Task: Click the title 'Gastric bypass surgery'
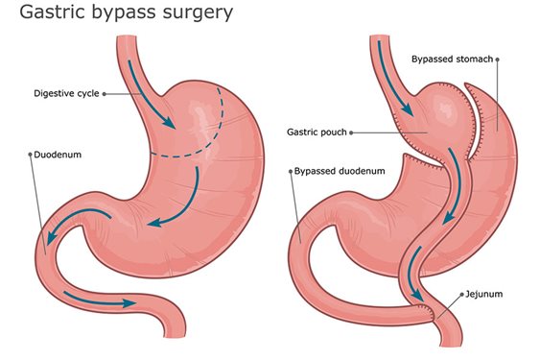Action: pyautogui.click(x=118, y=15)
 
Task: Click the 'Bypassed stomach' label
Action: pyautogui.click(x=452, y=60)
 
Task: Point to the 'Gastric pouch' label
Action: pyautogui.click(x=317, y=132)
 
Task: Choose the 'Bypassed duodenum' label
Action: pyautogui.click(x=339, y=170)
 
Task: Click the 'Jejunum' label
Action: pyautogui.click(x=482, y=295)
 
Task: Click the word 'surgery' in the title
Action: pyautogui.click(x=196, y=16)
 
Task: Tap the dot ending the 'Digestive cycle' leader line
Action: pyautogui.click(x=104, y=94)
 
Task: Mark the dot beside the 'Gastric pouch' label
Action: pyautogui.click(x=352, y=132)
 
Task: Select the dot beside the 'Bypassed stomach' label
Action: pyautogui.click(x=497, y=60)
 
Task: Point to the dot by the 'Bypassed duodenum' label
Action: pyautogui.click(x=291, y=170)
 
